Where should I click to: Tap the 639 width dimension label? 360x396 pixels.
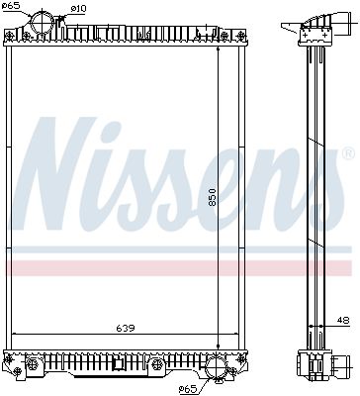(x=125, y=327)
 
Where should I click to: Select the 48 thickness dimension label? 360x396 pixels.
(x=342, y=319)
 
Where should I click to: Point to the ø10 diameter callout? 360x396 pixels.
(x=79, y=8)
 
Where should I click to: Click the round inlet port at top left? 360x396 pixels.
(x=45, y=21)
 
